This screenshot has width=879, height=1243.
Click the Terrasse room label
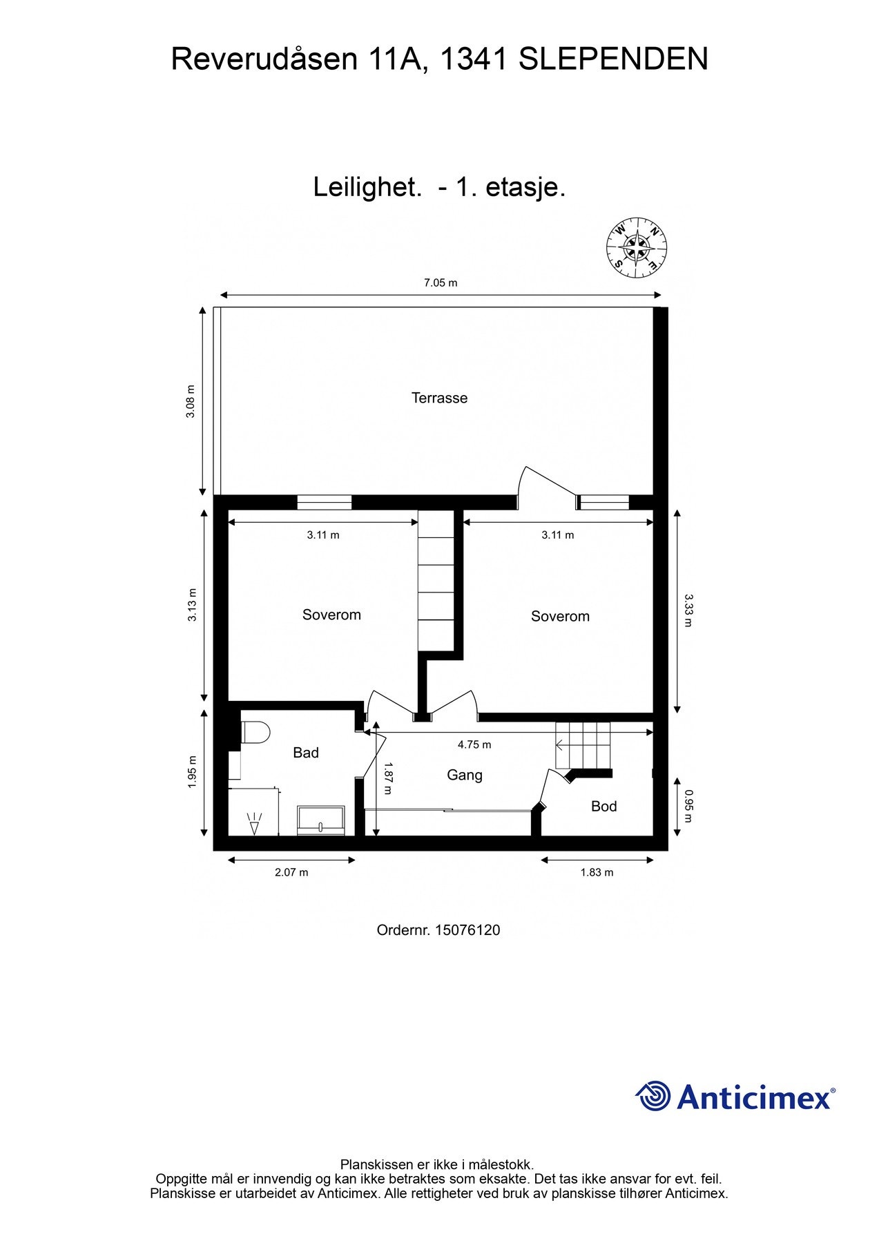[x=439, y=398]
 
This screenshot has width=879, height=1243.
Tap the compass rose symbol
[x=636, y=249]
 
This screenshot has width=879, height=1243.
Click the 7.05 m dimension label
[x=441, y=282]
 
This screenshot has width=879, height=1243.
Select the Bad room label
[x=306, y=753]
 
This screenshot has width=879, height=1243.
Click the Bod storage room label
[x=603, y=806]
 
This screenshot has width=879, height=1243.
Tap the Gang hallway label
[x=464, y=775]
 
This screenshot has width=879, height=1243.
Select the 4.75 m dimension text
[x=474, y=744]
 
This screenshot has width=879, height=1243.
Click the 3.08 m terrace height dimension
[x=191, y=401]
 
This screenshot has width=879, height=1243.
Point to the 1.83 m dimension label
[x=597, y=872]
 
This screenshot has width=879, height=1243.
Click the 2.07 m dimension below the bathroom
[x=291, y=872]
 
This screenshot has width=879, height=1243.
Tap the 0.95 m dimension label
[x=687, y=807]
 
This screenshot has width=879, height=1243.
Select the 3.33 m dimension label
[x=687, y=610]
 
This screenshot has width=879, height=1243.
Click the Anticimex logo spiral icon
[x=653, y=1096]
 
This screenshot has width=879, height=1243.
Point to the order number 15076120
[x=467, y=930]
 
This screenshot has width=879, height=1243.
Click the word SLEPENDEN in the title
[x=612, y=59]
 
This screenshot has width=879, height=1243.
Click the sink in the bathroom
[x=320, y=820]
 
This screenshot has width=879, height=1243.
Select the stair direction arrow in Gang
[x=561, y=745]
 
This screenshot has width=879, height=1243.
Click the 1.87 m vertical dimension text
[x=387, y=778]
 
